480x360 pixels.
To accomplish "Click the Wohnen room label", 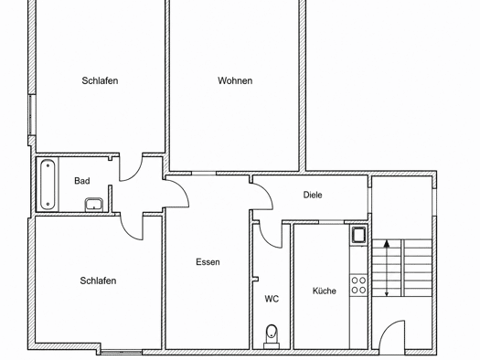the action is click(x=235, y=80).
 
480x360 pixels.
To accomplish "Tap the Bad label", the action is click(x=82, y=181).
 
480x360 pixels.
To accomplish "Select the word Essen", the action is click(x=208, y=262).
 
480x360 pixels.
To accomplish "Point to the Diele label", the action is click(x=313, y=195).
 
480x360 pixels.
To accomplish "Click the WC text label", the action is click(x=272, y=299).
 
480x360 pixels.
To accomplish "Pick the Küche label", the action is click(x=325, y=291).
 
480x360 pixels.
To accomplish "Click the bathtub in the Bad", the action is click(x=48, y=185).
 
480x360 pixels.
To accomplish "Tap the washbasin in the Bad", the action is click(x=94, y=205).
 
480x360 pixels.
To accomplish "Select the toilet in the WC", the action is click(x=272, y=336).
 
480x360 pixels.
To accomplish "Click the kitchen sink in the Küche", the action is click(x=358, y=235).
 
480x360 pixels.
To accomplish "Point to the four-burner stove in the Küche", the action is click(x=358, y=285).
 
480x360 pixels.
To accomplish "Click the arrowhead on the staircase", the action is click(x=387, y=244).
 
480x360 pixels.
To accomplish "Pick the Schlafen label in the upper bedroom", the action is click(x=100, y=80).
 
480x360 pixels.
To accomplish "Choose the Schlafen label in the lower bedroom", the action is click(x=98, y=281).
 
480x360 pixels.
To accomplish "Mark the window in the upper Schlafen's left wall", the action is click(x=31, y=115).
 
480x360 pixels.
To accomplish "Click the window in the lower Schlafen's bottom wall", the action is click(x=122, y=353).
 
